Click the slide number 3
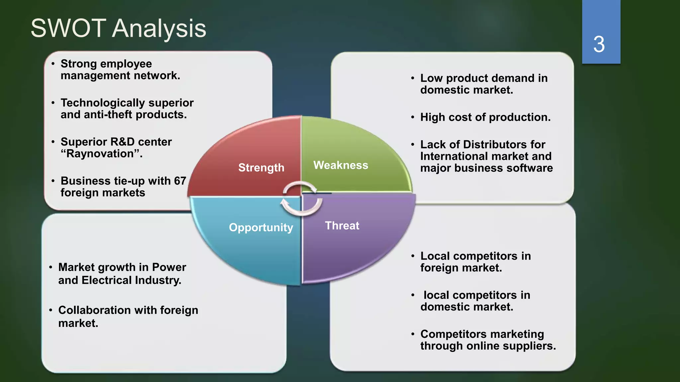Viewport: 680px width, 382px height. (x=599, y=44)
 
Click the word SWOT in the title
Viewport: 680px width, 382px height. (x=68, y=29)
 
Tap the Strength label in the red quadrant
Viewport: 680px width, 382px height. (x=261, y=168)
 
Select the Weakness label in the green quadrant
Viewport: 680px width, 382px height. (x=341, y=165)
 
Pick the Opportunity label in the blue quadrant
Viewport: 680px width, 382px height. (x=261, y=227)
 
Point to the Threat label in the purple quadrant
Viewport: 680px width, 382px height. (x=342, y=226)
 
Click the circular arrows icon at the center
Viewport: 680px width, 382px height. (x=301, y=198)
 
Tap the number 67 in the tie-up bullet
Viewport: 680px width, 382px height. (x=180, y=181)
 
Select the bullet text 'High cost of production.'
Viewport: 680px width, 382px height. (x=485, y=117)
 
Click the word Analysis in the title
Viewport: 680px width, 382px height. (x=159, y=29)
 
